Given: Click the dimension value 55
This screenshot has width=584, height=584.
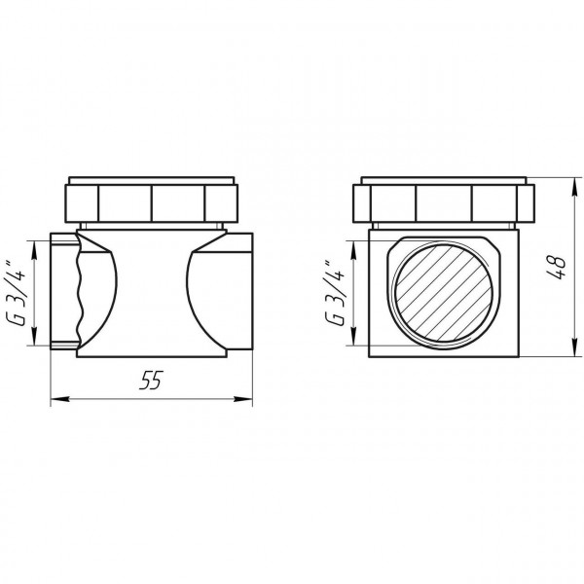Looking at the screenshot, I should (x=149, y=383).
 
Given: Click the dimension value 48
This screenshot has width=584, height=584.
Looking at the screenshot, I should (x=554, y=268).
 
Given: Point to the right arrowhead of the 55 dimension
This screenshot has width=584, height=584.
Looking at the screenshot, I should (x=248, y=398).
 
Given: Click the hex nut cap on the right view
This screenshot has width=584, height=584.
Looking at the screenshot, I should (x=444, y=201).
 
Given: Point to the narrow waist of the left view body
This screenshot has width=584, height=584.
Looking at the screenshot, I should (x=152, y=292).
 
